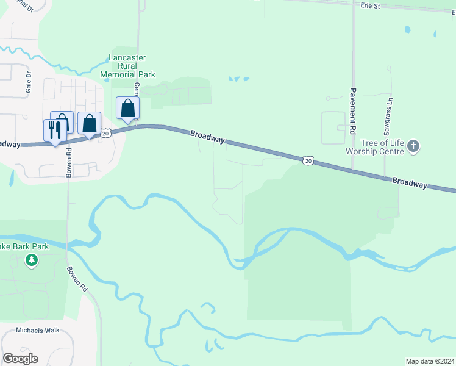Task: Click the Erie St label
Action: point(370,5)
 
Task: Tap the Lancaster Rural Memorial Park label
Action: point(132,66)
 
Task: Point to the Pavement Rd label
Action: point(353,110)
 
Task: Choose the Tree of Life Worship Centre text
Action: point(375,147)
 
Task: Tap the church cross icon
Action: point(413,146)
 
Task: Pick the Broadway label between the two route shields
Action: point(206,137)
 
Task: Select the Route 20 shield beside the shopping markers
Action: point(105,132)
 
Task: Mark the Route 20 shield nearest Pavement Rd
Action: point(308,160)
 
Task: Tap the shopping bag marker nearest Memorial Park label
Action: point(127,109)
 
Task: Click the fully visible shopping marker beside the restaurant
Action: point(89,123)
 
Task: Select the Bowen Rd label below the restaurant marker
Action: point(69,161)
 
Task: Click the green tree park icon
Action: point(31,261)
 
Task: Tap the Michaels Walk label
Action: point(38,330)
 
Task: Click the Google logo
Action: point(20,359)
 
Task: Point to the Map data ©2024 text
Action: point(429,361)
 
